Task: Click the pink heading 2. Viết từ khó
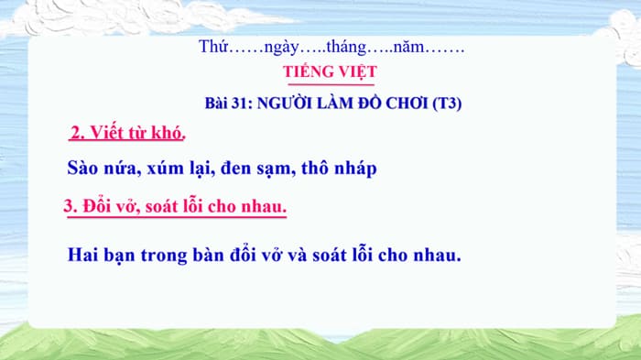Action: pyautogui.click(x=127, y=134)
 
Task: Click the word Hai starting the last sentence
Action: pyautogui.click(x=85, y=254)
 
